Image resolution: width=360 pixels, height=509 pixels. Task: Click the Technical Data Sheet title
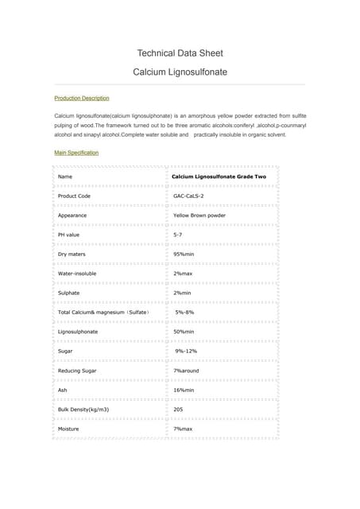click(x=180, y=53)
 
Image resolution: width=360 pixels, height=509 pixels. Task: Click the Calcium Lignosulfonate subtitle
click(x=180, y=72)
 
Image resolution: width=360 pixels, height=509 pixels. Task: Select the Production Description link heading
click(x=81, y=98)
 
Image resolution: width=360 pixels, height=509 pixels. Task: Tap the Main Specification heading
click(x=76, y=153)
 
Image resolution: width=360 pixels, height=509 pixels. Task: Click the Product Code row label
click(x=74, y=196)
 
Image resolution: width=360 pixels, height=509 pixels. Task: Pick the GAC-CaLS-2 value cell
click(x=188, y=196)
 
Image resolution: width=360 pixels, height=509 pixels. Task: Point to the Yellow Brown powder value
click(x=199, y=215)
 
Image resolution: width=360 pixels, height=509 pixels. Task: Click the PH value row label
click(x=69, y=235)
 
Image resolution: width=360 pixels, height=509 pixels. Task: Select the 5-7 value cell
click(x=178, y=235)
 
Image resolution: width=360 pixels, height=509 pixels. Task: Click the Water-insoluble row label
click(x=77, y=274)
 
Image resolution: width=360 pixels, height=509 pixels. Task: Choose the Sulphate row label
click(x=69, y=293)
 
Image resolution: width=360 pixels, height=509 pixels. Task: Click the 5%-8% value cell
click(x=184, y=313)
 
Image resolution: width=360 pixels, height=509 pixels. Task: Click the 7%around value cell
click(x=187, y=371)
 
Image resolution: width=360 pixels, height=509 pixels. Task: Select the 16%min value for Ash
click(x=184, y=390)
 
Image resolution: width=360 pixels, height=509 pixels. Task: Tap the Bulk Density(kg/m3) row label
click(x=83, y=410)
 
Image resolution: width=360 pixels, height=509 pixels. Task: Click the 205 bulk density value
click(x=178, y=410)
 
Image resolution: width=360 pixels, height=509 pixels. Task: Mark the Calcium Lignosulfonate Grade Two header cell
click(x=219, y=176)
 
